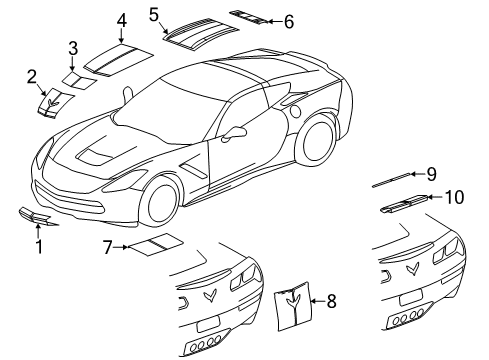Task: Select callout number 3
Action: click(72, 48)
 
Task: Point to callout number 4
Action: click(120, 20)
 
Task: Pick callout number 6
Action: click(289, 20)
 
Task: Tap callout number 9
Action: click(431, 174)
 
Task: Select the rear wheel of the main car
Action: click(318, 139)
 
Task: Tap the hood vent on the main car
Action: click(102, 154)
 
